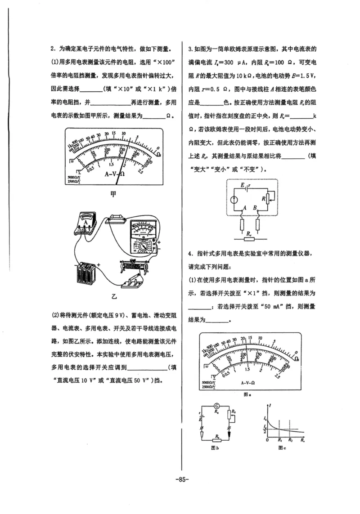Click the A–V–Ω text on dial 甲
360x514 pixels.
[115, 174]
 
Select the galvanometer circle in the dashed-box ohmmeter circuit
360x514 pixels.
[234, 200]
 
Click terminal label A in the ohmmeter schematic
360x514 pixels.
[245, 208]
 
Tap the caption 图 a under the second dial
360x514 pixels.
[247, 393]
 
